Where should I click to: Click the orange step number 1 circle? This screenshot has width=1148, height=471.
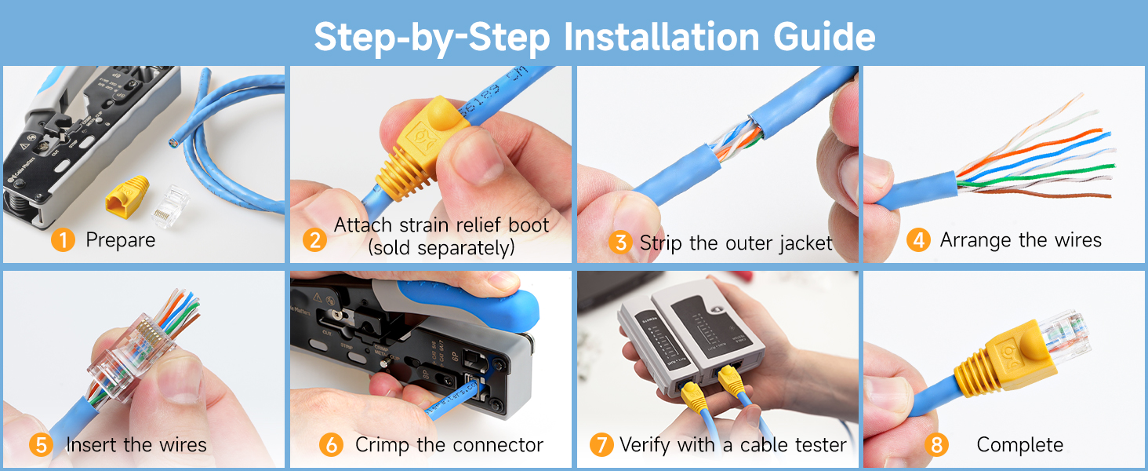[x=63, y=240]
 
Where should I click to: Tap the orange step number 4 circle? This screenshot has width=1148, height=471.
[x=917, y=240]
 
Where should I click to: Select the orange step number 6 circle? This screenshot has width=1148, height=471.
[x=331, y=445]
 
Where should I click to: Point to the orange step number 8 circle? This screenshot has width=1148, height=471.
[x=935, y=445]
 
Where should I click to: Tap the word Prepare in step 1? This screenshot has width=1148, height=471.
[x=121, y=240]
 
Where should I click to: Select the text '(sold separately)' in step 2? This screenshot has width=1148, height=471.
[x=441, y=248]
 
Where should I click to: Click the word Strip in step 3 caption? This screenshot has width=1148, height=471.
[x=661, y=243]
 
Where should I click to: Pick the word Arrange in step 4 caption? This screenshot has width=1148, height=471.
[x=976, y=240]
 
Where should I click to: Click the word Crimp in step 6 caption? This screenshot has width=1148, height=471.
[x=383, y=445]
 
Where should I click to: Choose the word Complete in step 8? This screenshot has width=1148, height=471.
[x=1019, y=445]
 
